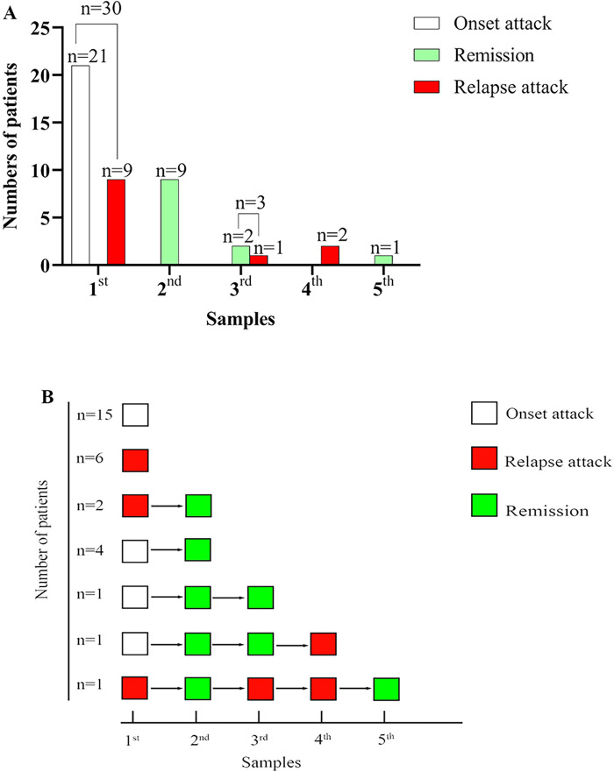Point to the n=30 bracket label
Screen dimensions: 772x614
100,11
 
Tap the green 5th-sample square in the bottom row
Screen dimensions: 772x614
387,689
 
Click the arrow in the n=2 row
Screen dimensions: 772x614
167,506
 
